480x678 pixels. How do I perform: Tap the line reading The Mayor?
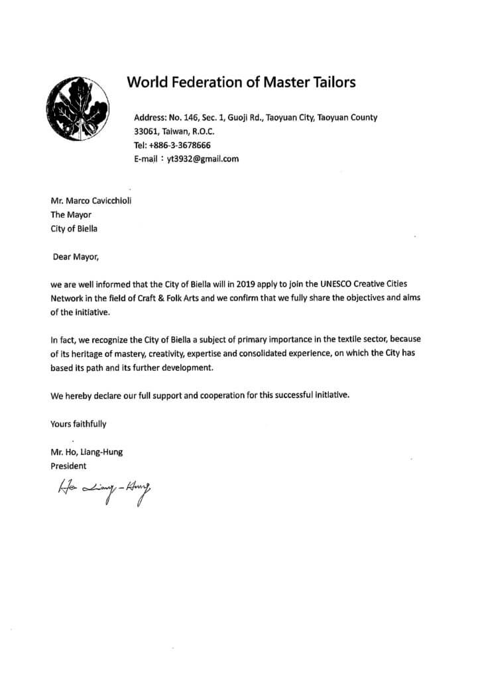(x=70, y=216)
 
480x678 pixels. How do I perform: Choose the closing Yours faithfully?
(x=78, y=423)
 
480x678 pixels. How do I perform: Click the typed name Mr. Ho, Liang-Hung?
(x=87, y=452)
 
